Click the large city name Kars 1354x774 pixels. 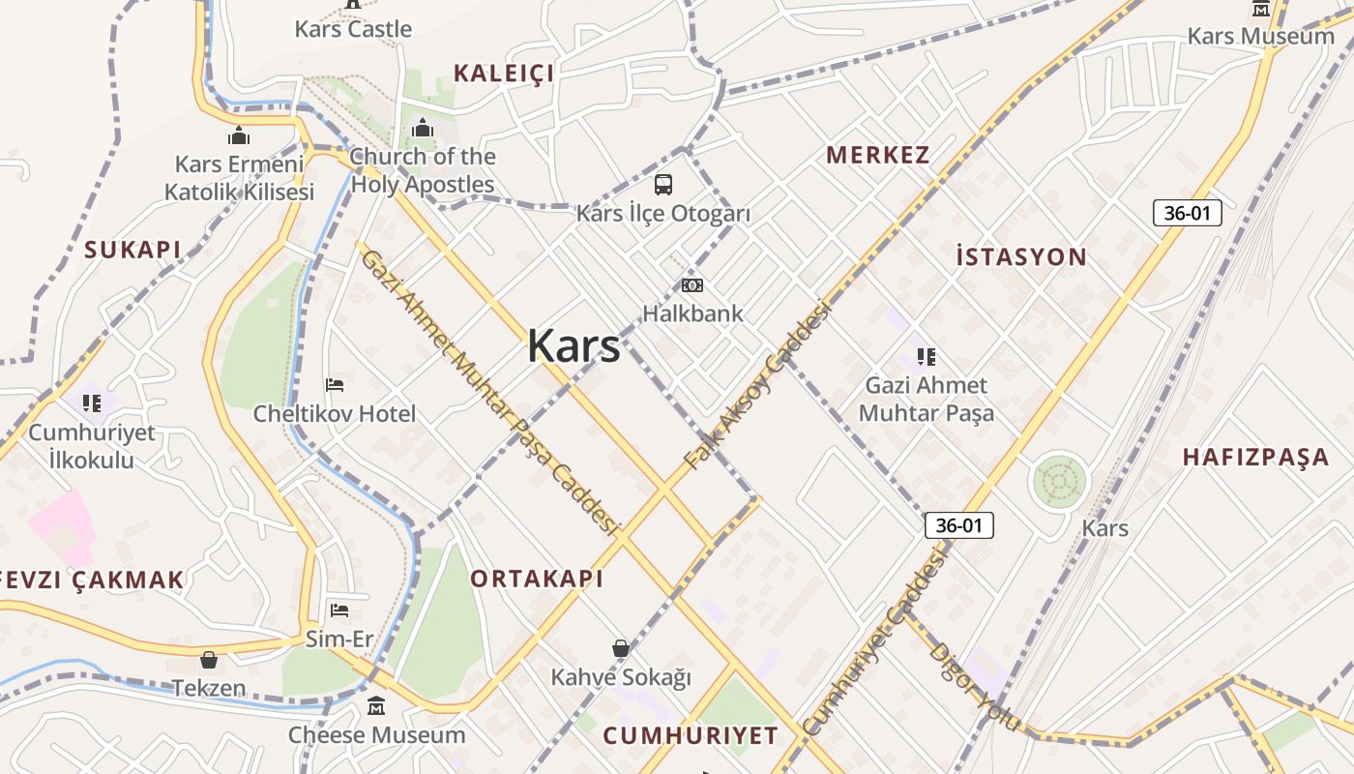574,345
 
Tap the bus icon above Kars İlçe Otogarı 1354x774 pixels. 663,184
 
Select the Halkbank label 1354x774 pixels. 693,313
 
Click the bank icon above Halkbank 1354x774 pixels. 692,285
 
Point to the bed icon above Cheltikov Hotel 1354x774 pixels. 335,385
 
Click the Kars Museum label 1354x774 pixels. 1260,36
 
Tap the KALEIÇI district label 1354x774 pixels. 504,73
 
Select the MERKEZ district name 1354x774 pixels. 878,155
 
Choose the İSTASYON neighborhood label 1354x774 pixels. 1021,257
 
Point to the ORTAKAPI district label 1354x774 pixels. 537,579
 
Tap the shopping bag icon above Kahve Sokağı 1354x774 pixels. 621,648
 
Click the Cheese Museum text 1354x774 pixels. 377,734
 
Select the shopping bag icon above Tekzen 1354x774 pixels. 209,661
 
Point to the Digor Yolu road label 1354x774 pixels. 973,686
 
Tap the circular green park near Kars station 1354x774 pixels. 1059,481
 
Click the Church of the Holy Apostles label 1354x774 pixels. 423,170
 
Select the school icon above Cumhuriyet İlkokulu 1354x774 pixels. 92,402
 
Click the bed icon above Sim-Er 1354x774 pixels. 339,610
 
